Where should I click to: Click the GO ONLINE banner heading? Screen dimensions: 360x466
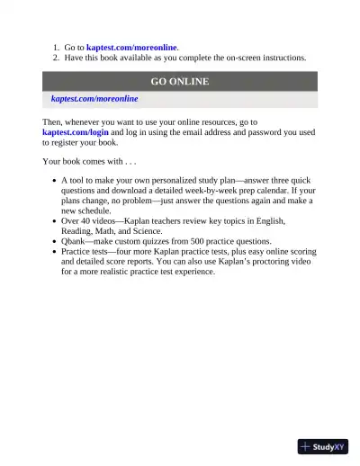pyautogui.click(x=180, y=81)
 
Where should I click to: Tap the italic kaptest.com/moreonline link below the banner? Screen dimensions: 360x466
pyautogui.click(x=94, y=98)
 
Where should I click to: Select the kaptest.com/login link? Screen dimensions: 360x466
pyautogui.click(x=76, y=132)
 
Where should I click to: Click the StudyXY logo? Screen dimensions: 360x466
pyautogui.click(x=322, y=445)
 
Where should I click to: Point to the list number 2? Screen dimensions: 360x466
pyautogui.click(x=55, y=58)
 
